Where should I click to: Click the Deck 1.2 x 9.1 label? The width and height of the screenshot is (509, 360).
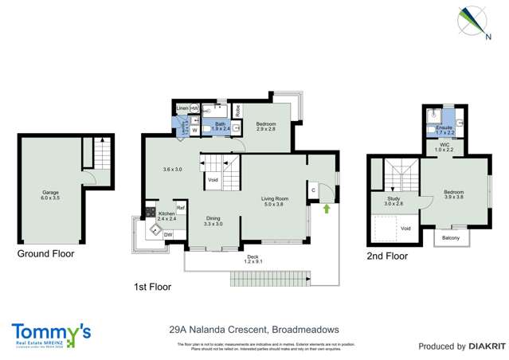pyautogui.click(x=253, y=258)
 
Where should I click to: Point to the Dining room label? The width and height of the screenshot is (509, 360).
pyautogui.click(x=213, y=221)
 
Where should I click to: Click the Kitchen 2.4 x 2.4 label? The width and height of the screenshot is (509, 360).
pyautogui.click(x=166, y=216)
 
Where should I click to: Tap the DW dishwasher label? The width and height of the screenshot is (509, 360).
pyautogui.click(x=168, y=234)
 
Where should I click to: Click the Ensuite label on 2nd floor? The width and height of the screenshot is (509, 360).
pyautogui.click(x=444, y=130)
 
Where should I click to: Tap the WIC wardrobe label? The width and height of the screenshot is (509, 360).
pyautogui.click(x=444, y=147)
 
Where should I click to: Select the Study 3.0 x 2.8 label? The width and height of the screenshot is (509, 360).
pyautogui.click(x=393, y=202)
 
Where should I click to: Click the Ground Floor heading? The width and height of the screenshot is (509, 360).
pyautogui.click(x=46, y=254)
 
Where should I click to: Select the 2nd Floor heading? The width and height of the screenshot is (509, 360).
pyautogui.click(x=386, y=256)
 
